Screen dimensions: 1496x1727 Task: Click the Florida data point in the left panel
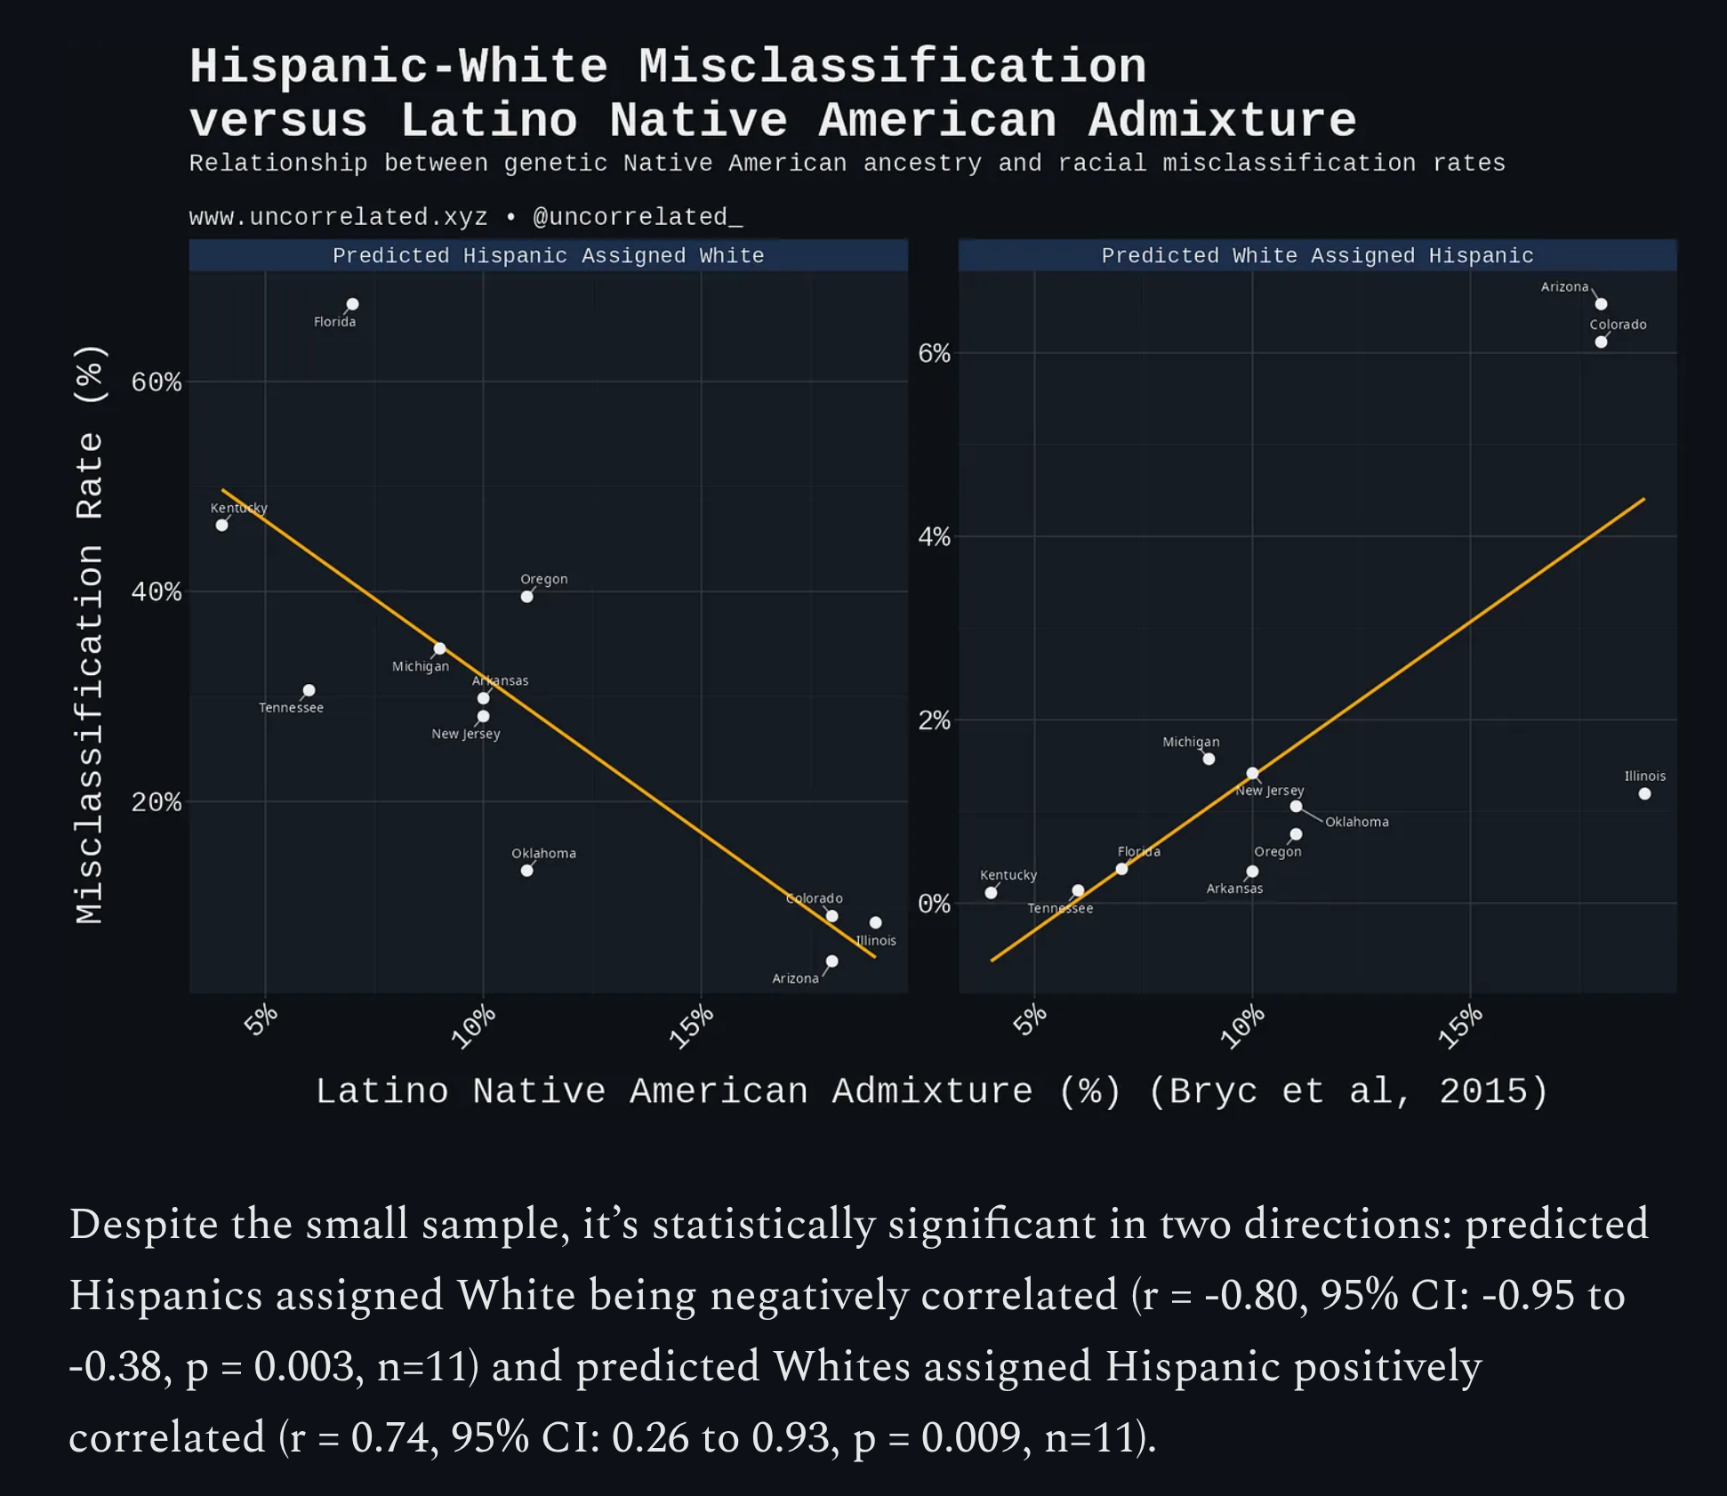[352, 304]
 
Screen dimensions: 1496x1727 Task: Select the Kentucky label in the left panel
[238, 508]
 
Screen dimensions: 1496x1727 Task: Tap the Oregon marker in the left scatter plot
[527, 597]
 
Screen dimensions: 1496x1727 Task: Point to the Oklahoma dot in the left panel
[527, 871]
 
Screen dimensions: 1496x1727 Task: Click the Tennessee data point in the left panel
[309, 690]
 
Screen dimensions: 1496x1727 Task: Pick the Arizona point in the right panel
[1601, 304]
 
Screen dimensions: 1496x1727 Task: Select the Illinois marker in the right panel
[1644, 793]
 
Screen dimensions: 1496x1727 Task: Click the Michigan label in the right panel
[1191, 742]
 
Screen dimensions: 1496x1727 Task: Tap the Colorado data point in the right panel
[1601, 342]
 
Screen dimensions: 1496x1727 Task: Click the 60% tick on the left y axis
[157, 382]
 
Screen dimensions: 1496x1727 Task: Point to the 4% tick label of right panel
[934, 537]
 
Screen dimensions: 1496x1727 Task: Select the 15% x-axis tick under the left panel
[692, 1026]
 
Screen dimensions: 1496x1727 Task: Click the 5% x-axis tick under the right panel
[1031, 1020]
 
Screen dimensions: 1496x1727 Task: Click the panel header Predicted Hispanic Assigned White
[548, 256]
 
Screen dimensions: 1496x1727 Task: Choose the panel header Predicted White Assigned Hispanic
[1317, 256]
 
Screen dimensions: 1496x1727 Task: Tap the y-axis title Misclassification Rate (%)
[90, 633]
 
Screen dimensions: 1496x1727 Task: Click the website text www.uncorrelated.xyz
[338, 217]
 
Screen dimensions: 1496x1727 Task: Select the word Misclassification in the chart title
[892, 67]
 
